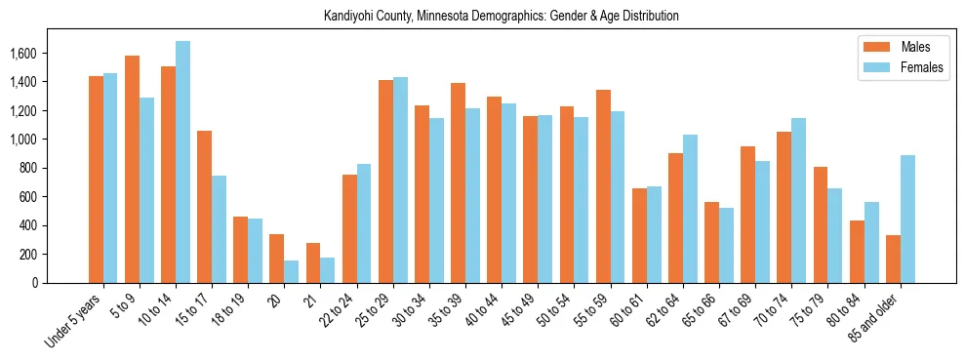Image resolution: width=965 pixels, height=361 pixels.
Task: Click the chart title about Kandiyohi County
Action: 502,17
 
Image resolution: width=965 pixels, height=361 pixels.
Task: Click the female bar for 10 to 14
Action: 183,162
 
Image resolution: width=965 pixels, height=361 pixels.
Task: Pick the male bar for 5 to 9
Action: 133,170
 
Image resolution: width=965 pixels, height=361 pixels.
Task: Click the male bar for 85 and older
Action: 893,259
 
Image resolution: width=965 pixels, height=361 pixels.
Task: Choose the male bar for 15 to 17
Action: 205,207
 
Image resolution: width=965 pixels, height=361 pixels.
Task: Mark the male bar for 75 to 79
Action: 821,224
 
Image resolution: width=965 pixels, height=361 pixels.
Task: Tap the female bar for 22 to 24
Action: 364,223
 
